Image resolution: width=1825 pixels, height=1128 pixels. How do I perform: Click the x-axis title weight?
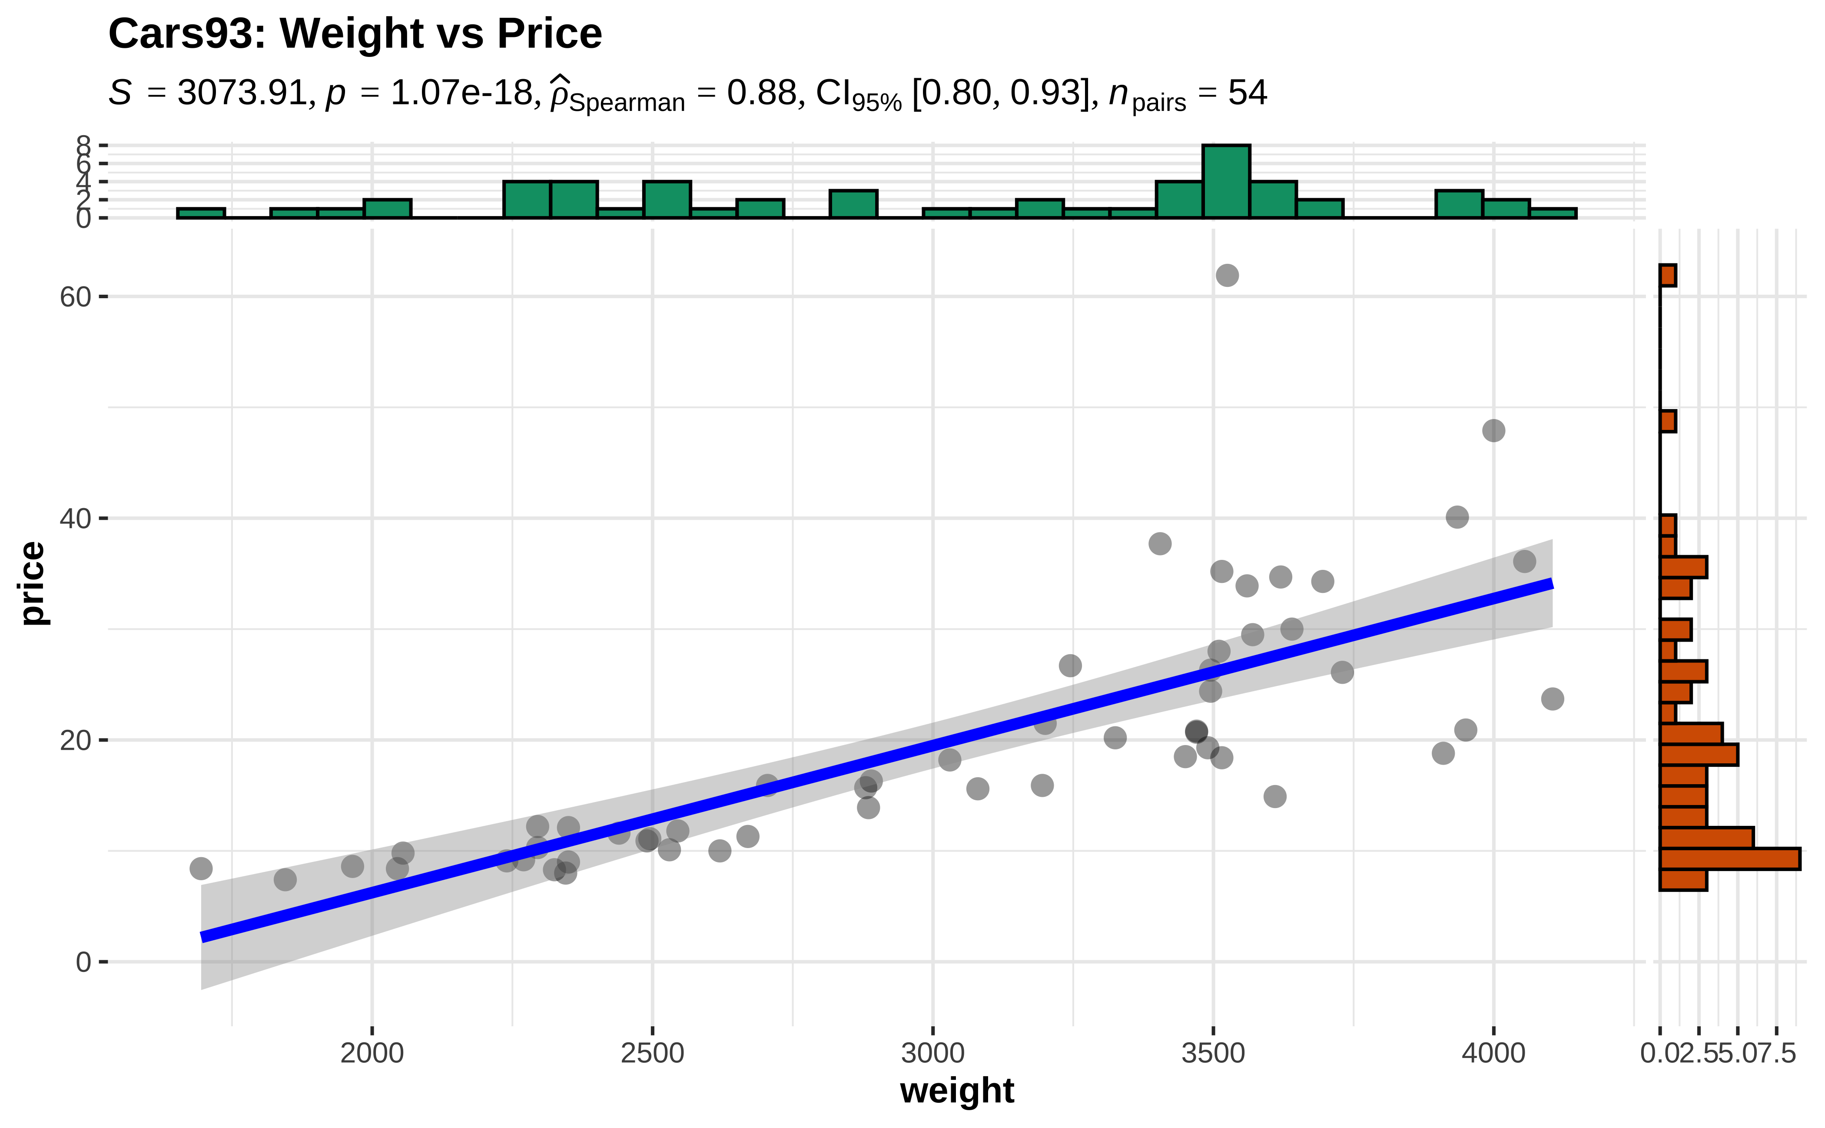957,1091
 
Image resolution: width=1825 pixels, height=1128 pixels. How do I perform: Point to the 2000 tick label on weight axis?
372,1053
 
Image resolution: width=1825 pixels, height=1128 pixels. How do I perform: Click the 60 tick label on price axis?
75,297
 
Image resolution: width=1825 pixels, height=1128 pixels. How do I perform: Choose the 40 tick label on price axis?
75,519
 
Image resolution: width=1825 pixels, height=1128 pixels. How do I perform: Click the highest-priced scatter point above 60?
1227,275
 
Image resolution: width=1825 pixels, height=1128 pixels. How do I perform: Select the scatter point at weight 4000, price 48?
1493,430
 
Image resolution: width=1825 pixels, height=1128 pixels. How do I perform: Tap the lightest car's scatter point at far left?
201,868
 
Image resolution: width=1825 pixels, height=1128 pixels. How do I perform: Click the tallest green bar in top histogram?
1226,181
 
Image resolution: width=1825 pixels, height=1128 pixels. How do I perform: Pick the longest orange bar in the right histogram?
1729,858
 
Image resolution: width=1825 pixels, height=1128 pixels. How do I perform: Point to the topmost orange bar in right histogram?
1668,275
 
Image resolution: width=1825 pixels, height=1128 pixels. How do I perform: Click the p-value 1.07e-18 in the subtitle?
461,93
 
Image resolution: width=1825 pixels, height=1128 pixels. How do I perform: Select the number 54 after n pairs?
1247,93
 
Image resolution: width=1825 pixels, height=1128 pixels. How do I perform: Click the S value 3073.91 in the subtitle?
242,93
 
